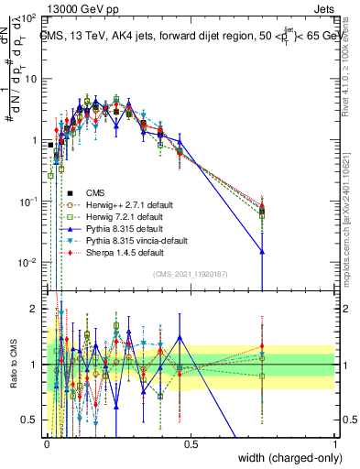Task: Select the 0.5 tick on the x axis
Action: (x=191, y=445)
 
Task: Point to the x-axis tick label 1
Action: (x=335, y=445)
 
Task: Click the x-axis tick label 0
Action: (x=46, y=445)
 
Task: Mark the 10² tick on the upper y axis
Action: (x=27, y=18)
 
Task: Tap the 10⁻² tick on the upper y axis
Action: (x=27, y=261)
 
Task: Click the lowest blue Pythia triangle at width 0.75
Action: (x=263, y=251)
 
